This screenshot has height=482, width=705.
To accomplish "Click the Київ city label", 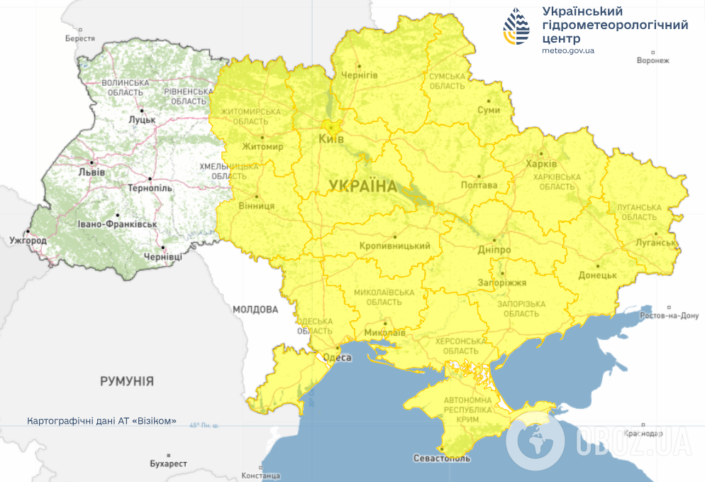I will point(331,139).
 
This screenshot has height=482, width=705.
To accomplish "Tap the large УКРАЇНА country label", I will point(362,187).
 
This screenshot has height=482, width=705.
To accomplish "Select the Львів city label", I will point(92,172).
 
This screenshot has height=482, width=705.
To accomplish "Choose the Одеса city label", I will point(337,358).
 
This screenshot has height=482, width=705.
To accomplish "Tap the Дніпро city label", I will point(494,251).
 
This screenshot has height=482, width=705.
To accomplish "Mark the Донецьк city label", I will point(597,275).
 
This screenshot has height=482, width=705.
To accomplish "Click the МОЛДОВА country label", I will point(255,310).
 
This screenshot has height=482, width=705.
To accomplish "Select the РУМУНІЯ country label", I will point(127,381).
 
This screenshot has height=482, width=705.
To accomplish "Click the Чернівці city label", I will point(162,256).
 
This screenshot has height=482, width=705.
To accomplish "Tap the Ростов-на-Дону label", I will point(669,316).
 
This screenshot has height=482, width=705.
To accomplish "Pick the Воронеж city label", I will point(653,60).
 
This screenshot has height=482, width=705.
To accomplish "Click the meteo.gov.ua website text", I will point(567,51).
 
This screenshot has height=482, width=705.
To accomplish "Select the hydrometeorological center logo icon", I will point(516,28).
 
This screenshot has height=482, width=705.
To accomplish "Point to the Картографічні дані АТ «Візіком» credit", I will point(101,421).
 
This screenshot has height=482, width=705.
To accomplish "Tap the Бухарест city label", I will point(168,464).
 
